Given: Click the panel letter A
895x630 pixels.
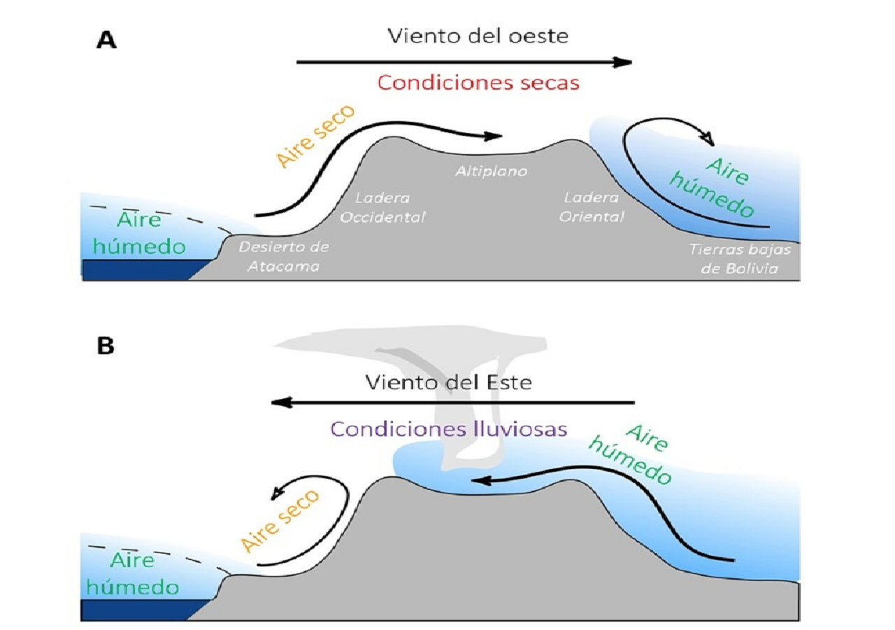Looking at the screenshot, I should (106, 40).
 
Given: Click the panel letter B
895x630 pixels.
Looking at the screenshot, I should (106, 346).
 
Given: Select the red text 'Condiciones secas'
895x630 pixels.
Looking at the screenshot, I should (478, 83).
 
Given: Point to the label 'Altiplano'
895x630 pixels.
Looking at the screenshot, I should (491, 171).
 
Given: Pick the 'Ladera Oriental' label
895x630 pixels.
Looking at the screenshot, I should (591, 207).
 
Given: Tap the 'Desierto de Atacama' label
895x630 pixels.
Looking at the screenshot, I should (283, 256).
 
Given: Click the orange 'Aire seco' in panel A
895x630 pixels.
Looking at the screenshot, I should (316, 136).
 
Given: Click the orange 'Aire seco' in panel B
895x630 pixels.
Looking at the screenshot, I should (280, 520).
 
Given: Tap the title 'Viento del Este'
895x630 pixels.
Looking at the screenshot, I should (448, 382).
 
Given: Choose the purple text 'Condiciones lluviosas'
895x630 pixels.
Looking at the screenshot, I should (448, 428).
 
